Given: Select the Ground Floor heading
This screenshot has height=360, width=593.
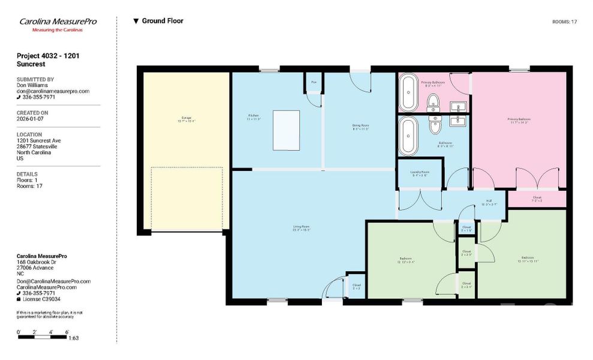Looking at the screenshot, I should pos(162,21).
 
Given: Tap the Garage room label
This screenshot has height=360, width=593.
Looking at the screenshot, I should pos(186,119).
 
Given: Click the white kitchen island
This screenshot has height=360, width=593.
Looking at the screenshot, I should pos(287,130).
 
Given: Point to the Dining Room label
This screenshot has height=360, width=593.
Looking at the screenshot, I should pos(360,127).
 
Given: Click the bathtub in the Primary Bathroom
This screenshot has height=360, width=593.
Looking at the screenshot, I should pos(409,93).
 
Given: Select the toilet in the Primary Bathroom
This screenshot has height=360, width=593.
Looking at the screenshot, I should pos(434,104).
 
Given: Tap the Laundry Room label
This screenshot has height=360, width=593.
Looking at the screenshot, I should pos(419,173).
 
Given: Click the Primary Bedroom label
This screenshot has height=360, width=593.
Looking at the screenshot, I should pos(519,121).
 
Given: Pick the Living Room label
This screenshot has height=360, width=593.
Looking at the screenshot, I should pos(301,228).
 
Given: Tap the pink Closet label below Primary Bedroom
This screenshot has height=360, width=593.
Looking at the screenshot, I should pos(537,198).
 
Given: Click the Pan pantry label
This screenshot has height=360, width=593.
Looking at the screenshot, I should pos(314,82).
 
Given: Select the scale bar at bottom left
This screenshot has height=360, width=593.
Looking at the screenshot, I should pos(43,337).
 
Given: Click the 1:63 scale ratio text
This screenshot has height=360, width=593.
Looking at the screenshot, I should pos(74,338).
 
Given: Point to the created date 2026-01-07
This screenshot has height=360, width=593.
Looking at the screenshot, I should pos(29,119).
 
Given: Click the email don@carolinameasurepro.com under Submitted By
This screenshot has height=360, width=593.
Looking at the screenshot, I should pos(53,91).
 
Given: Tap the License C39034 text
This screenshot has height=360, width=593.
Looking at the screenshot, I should pos(41,299).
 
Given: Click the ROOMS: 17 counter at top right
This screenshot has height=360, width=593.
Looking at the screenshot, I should pos(564,22).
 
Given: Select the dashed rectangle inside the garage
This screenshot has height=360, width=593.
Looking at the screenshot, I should pos(186,198).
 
